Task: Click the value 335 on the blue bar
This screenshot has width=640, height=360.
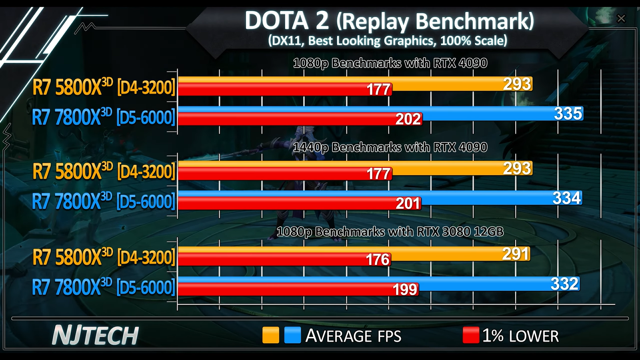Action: pos(568,114)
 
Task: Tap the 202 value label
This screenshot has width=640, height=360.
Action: pos(408,119)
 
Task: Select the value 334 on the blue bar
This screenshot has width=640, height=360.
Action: pos(566,198)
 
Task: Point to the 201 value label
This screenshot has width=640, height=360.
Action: pos(408,204)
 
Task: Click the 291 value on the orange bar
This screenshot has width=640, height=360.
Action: pos(516,254)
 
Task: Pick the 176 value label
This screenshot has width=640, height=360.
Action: pos(378,260)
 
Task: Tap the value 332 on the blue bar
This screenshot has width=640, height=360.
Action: pos(564,284)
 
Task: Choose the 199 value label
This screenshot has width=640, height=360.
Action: pos(405,290)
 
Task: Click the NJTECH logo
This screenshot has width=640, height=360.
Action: pos(96,335)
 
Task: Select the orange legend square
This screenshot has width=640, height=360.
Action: pos(270,335)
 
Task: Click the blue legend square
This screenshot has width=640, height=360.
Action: pos(292,335)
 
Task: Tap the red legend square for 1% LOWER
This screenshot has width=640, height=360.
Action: pos(471,335)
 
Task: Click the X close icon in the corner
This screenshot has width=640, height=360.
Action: pos(621,18)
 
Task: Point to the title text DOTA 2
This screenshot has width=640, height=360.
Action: pos(286,21)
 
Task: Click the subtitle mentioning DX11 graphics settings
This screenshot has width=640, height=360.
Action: pos(387,41)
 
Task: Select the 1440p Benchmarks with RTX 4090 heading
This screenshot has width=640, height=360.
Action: pos(390,148)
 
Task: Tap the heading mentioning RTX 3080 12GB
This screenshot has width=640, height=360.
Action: pos(390,232)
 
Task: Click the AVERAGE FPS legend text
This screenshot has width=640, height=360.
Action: pos(353,336)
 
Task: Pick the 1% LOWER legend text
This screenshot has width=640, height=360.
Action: pos(520,336)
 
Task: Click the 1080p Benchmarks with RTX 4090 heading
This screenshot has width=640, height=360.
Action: pos(390,63)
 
